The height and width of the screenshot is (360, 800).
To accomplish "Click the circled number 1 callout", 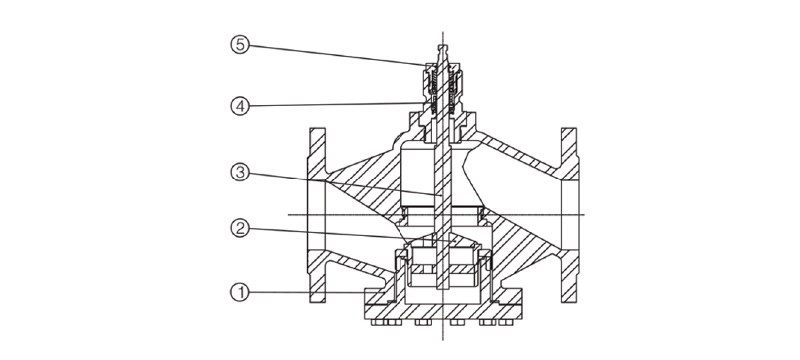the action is [240, 293].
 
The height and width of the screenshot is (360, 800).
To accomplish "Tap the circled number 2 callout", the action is [240, 228].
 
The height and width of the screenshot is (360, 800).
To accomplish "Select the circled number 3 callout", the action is [240, 172].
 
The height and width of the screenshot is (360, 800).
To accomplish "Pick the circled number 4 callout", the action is [240, 107].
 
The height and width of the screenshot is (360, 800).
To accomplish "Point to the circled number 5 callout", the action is [240, 45].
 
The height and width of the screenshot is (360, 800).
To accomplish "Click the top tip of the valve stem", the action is [442, 45].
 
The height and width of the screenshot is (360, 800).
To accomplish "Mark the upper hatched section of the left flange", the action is [317, 153].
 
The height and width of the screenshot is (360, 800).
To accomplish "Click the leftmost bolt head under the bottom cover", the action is [377, 322].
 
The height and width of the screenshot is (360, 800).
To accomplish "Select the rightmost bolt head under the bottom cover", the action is [507, 322].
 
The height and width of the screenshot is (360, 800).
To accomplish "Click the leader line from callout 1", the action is [307, 293].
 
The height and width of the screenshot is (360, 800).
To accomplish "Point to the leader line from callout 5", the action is [337, 55].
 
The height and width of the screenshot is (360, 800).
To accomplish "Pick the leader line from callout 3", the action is [345, 184].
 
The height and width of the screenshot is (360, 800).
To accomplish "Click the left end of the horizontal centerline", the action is [289, 214].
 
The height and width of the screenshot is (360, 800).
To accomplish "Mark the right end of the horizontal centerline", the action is [584, 214].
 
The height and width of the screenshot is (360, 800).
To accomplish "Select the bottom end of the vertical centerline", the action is [442, 340].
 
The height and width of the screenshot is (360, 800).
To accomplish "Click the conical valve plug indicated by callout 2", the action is [442, 240].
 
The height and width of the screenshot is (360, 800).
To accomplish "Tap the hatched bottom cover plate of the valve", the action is [443, 310].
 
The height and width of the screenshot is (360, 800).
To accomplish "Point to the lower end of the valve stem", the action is [442, 287].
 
